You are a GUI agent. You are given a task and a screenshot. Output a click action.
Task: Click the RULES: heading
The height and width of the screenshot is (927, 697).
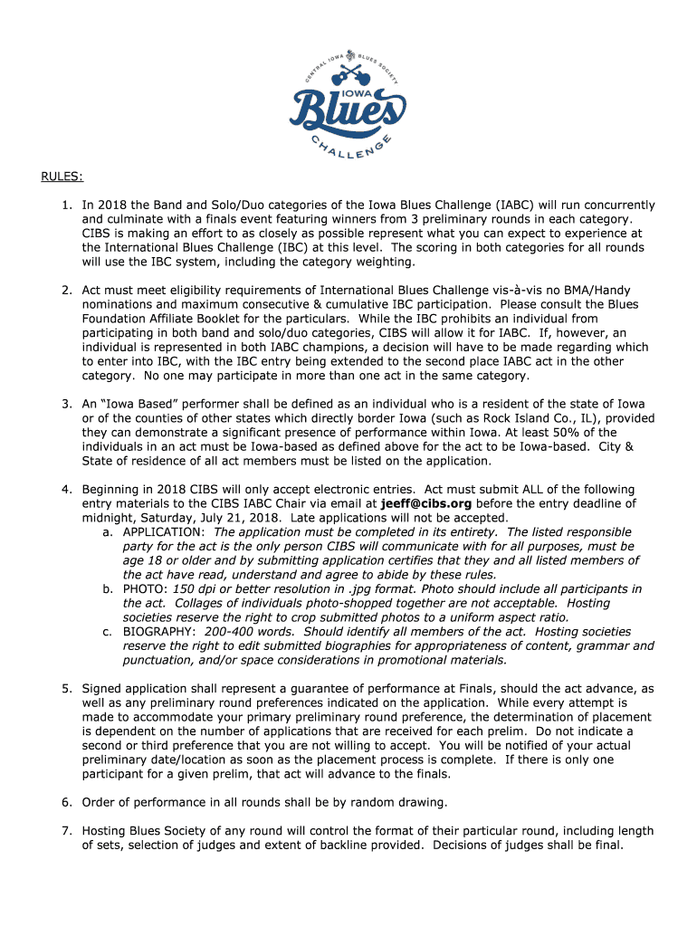[61, 176]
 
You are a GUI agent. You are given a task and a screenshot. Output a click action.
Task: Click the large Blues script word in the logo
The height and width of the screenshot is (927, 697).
[347, 113]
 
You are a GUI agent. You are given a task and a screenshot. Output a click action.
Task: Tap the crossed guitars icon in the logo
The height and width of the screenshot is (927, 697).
[348, 69]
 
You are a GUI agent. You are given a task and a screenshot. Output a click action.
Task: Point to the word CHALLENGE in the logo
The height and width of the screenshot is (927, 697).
[348, 151]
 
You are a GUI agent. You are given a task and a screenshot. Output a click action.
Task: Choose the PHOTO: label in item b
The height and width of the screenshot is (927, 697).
[145, 588]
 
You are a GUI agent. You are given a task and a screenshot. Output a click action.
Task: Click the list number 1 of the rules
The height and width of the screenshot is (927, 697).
[66, 205]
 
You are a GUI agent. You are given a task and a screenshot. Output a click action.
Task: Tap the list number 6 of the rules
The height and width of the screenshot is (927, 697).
[66, 802]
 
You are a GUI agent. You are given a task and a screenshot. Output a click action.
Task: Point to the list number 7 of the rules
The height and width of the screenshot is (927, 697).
[66, 831]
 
